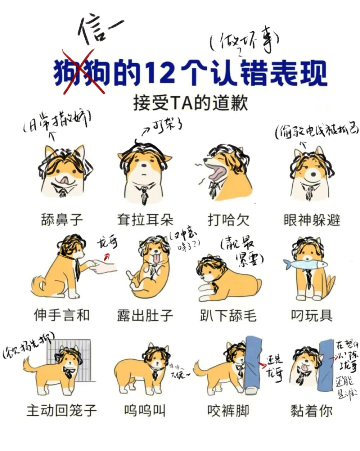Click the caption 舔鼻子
pyautogui.click(x=62, y=219)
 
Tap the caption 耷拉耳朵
pyautogui.click(x=145, y=219)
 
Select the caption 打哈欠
pyautogui.click(x=228, y=219)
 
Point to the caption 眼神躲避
pyautogui.click(x=311, y=219)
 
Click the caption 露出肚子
pyautogui.click(x=145, y=315)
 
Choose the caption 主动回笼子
pyautogui.click(x=62, y=410)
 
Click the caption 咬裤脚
pyautogui.click(x=228, y=410)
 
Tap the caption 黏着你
pyautogui.click(x=311, y=410)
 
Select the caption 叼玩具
pyautogui.click(x=311, y=315)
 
